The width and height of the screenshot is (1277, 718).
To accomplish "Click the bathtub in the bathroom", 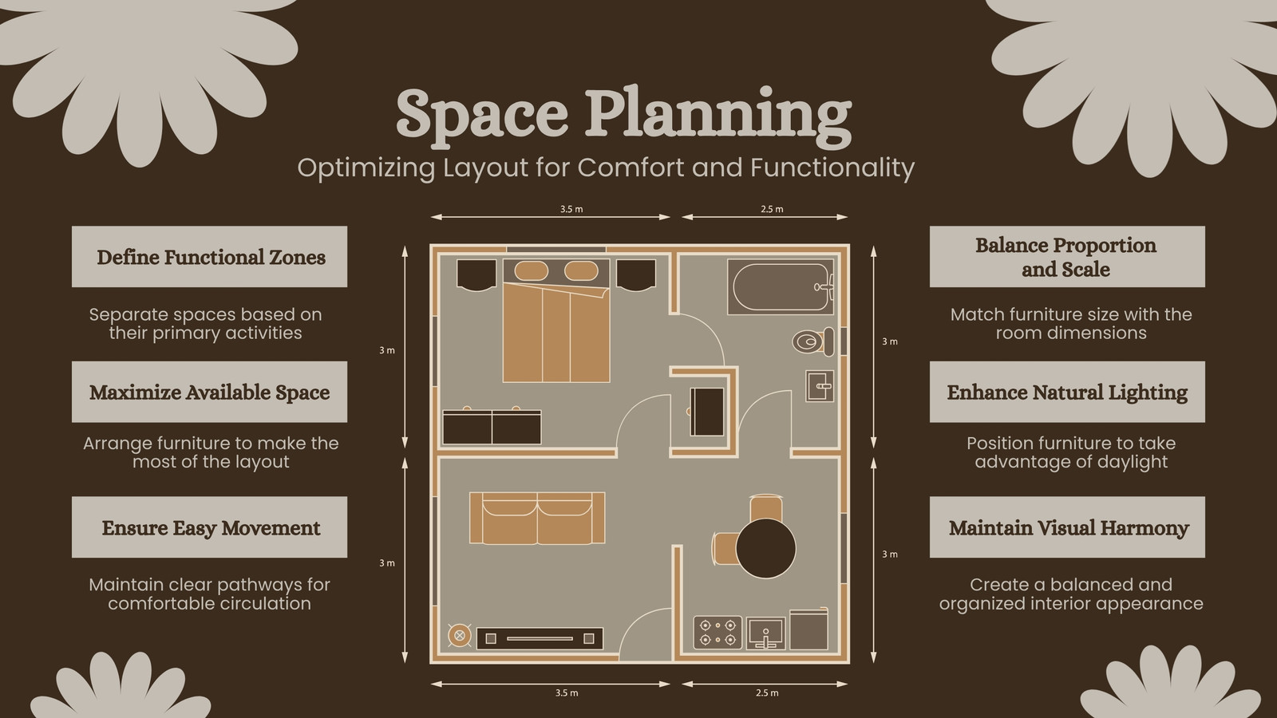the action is click(x=781, y=286).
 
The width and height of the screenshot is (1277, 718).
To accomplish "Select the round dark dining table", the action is click(x=765, y=549).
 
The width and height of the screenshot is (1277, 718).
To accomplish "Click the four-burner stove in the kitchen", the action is click(x=718, y=633).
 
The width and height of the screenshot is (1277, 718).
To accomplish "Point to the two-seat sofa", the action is click(x=537, y=518).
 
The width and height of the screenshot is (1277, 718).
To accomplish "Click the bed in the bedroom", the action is click(x=556, y=320).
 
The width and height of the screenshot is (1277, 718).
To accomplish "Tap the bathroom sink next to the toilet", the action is click(x=820, y=386).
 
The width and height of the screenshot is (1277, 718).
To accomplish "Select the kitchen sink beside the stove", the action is click(x=765, y=633).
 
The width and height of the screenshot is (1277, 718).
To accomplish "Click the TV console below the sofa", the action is click(x=540, y=639).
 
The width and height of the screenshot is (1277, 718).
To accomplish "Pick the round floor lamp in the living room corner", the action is click(x=460, y=635).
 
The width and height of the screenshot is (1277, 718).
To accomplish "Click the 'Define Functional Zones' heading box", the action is click(x=209, y=256).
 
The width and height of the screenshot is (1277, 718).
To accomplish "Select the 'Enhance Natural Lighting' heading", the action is click(x=1067, y=392).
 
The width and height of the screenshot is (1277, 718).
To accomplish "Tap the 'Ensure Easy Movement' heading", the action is click(x=211, y=527).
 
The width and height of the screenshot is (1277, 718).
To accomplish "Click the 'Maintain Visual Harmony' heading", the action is click(x=1069, y=527).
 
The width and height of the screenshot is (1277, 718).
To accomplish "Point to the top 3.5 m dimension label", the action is click(x=571, y=209).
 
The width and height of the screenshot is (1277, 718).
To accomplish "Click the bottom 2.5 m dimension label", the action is click(x=767, y=693).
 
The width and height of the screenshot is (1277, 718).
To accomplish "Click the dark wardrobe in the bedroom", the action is click(x=492, y=427).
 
